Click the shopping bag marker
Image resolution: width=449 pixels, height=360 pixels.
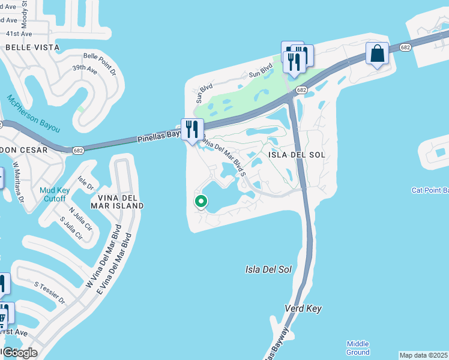click(377, 55)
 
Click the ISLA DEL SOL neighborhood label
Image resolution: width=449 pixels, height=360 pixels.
click(297, 155)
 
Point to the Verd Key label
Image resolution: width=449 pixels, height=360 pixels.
click(303, 308)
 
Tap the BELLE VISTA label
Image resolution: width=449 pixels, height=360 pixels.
click(32, 47)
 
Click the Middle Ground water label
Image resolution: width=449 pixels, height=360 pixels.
click(358, 348)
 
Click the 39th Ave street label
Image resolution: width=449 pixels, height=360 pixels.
click(85, 69)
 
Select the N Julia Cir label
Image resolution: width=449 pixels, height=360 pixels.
click(80, 218)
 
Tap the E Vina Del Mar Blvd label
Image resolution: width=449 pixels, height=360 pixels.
click(115, 262)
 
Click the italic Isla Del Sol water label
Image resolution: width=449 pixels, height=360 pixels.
click(268, 269)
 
